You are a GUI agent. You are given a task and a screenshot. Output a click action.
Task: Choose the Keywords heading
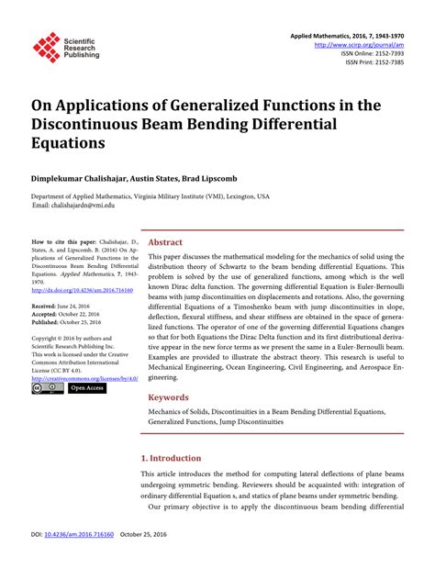pos(169,397)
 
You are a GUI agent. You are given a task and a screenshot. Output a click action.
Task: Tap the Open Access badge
pos(88,388)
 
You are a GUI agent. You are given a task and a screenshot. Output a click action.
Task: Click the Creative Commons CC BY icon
pos(48,388)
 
